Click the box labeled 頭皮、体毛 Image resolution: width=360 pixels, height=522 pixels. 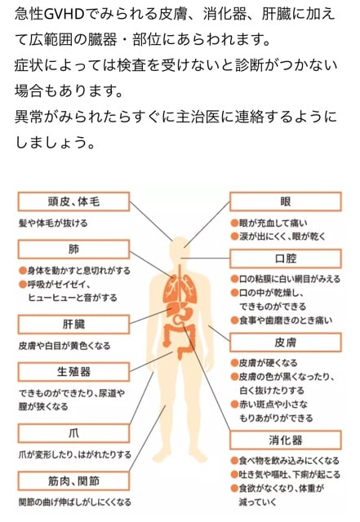tap(73, 201)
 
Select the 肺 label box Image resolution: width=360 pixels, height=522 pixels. tap(73, 250)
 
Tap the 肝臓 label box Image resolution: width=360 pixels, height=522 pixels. tap(73, 325)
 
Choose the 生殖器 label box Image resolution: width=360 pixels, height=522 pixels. tap(73, 372)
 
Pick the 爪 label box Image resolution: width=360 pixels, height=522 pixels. tap(73, 433)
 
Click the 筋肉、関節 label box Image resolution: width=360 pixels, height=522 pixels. tap(73, 480)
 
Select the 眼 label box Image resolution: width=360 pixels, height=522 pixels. tap(286, 201)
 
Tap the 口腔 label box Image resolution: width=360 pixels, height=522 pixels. tap(286, 259)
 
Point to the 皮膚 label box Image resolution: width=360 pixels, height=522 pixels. tap(286, 343)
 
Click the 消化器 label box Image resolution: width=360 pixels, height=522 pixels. tap(286, 440)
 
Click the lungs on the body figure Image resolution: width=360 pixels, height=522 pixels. tap(180, 289)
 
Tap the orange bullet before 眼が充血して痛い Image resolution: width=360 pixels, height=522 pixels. tap(234, 223)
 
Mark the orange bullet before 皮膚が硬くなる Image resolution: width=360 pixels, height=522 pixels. tap(234, 363)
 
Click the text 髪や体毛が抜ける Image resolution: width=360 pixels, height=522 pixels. tap(53, 223)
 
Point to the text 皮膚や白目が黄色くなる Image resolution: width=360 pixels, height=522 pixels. tap(64, 346)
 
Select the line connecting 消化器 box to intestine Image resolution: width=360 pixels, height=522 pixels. tap(207, 378)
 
